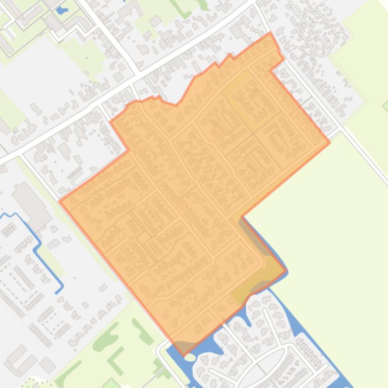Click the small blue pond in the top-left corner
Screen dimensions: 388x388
pos(62,10)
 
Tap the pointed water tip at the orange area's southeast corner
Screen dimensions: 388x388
pos(287,271)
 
